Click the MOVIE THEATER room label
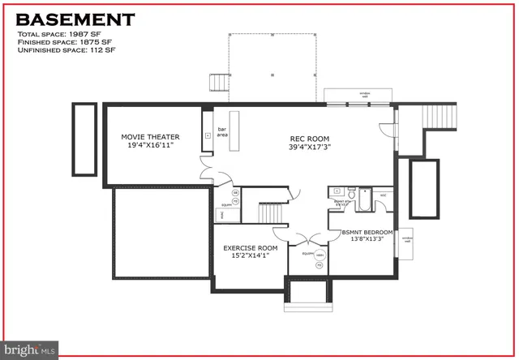(x=150, y=137)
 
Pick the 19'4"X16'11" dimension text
(x=150, y=147)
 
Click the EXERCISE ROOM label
(x=251, y=248)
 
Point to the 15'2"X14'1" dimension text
(x=251, y=257)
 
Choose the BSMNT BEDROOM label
(x=367, y=232)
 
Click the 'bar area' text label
(x=221, y=131)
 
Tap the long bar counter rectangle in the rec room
(x=238, y=130)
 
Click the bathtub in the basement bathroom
(x=364, y=199)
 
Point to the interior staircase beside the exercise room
(x=271, y=214)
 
